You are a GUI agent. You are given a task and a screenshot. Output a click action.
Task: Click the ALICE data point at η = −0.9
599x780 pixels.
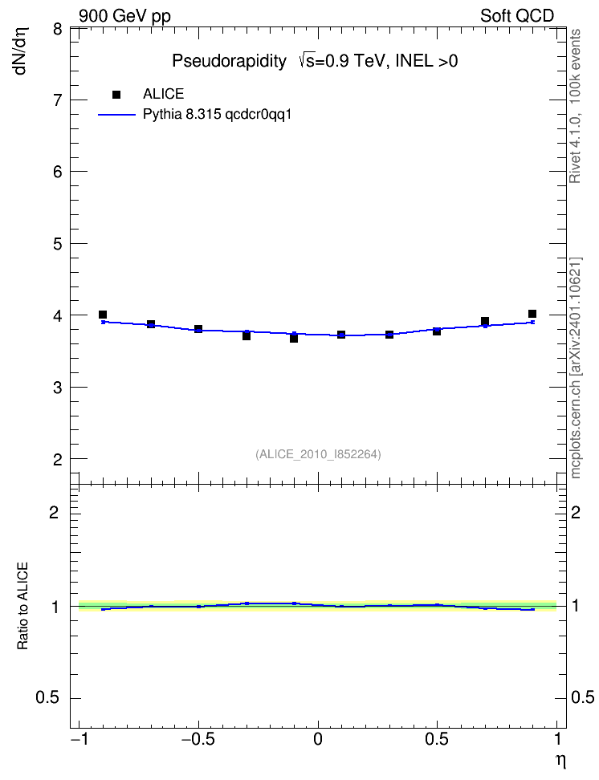click(x=103, y=315)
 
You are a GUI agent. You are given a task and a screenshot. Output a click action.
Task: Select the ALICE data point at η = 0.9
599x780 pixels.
click(x=532, y=314)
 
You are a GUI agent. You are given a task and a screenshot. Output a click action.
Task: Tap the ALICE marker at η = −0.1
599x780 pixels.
click(x=294, y=339)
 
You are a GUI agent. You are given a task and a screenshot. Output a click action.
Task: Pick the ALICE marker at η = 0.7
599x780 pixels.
click(x=485, y=321)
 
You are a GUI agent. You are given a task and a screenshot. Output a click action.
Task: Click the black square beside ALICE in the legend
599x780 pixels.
click(x=116, y=95)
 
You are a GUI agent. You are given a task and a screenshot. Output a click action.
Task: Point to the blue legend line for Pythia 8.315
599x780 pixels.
click(x=116, y=115)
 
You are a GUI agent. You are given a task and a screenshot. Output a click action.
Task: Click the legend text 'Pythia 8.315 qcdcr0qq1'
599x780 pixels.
click(x=217, y=115)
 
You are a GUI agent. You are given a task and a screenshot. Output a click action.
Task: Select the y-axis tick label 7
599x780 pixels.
click(x=58, y=100)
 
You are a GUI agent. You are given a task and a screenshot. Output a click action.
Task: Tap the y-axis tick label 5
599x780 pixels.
click(x=58, y=244)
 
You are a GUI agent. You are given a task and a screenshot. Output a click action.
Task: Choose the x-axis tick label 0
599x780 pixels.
click(x=318, y=739)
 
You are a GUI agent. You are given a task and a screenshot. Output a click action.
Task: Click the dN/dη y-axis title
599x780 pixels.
click(x=21, y=51)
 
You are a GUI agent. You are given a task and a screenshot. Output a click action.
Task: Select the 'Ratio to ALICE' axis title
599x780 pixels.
click(x=22, y=606)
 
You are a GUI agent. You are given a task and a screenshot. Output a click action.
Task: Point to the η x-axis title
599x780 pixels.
click(x=560, y=762)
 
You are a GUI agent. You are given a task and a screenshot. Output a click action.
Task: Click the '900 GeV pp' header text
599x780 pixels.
click(x=125, y=16)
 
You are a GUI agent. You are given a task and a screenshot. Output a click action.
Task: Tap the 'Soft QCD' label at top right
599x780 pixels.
click(x=517, y=16)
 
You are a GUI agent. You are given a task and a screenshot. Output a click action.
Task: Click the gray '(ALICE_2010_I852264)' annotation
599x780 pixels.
click(x=318, y=454)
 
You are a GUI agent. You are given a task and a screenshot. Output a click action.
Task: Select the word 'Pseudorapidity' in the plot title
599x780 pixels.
click(x=229, y=61)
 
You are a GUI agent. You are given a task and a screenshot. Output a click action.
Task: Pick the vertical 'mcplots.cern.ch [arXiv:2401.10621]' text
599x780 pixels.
click(x=576, y=368)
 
